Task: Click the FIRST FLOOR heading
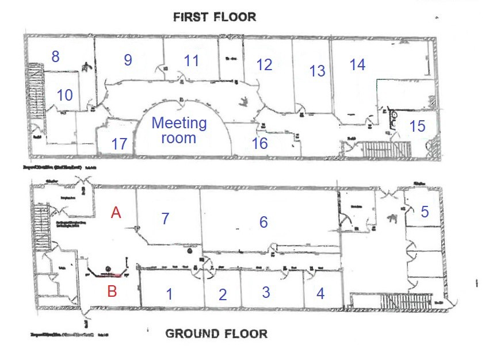coord(214,17)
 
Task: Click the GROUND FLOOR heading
coord(216,334)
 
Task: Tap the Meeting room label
coord(179,131)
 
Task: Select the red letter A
coord(116,213)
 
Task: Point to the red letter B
coord(112,291)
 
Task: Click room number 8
coord(55,56)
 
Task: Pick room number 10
coord(64,95)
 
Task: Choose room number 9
coord(128,60)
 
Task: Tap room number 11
coord(191,60)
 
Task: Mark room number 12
coord(264,65)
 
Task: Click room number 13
coord(318,71)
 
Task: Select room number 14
coord(357,65)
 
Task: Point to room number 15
coord(417,125)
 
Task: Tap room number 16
coord(260,143)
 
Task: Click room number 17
coord(119,144)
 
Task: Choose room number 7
coord(165,219)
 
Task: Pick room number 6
coord(263,222)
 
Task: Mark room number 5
coord(425,212)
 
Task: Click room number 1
coord(169,294)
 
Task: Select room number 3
coord(266,292)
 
